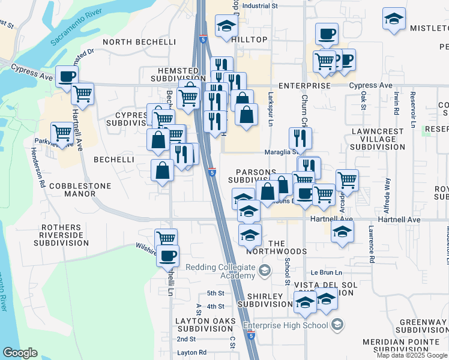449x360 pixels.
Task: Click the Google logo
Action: pos(20,353)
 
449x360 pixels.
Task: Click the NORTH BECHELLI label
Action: pos(139,42)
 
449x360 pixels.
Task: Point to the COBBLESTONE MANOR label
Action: pos(80,190)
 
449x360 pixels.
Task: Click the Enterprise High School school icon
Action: pos(337,325)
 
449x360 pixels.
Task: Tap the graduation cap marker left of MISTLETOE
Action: pos(394,19)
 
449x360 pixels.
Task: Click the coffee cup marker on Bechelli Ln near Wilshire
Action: pos(167,256)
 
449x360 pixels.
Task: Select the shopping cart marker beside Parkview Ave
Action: pos(62,133)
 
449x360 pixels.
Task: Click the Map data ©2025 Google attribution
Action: pos(412,355)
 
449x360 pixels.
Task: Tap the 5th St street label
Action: pos(215,293)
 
